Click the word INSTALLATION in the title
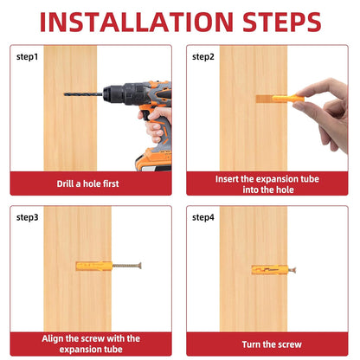coord(136,22)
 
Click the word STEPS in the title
coord(281,22)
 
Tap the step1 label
coord(27,57)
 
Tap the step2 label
coord(203,57)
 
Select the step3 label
coord(27,217)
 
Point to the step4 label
coord(203,217)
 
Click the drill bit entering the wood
coord(83,94)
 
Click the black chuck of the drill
coord(114,93)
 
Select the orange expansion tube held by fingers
coord(288,99)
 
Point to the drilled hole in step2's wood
coord(264,99)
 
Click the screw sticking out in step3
coord(126,266)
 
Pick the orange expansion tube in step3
coord(94,266)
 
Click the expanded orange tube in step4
coord(270,270)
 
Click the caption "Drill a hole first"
coord(87,183)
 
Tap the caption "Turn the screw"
coord(272,344)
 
